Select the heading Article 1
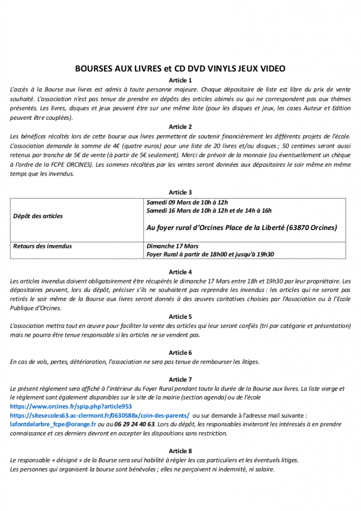coord(180,80)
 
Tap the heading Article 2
coord(180,127)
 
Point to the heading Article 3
coord(180,192)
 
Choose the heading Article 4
coord(180,272)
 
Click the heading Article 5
coord(180,316)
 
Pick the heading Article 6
coord(180,352)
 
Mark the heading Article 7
coord(180,380)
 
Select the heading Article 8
coord(180,451)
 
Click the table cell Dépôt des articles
coord(38,216)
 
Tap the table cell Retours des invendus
coord(42,246)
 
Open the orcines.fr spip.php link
coord(71,407)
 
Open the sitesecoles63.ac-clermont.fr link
coord(100,415)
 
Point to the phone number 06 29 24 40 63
coord(135,424)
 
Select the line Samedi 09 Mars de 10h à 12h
coord(187,202)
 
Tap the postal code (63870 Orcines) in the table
coord(312,228)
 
